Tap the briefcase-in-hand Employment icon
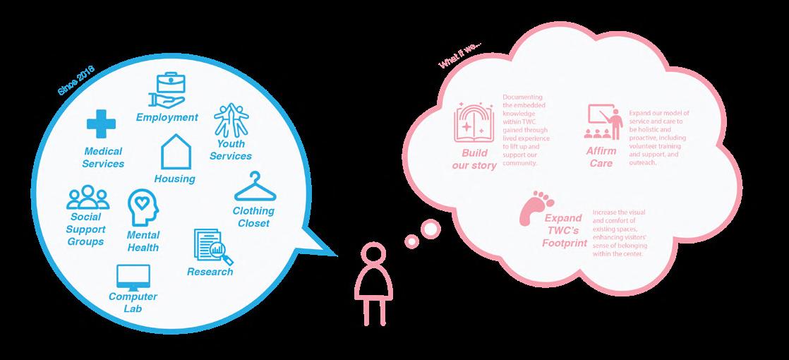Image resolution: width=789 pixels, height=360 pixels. point(168,91)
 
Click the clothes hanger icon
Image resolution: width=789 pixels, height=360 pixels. point(255,188)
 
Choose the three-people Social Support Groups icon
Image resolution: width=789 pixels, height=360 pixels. point(88,198)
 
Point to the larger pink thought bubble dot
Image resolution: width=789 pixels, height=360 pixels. point(429,230)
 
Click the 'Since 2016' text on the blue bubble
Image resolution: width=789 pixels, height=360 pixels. point(76,80)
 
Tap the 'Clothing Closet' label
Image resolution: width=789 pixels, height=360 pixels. point(253,217)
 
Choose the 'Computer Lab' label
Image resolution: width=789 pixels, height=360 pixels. point(133,302)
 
